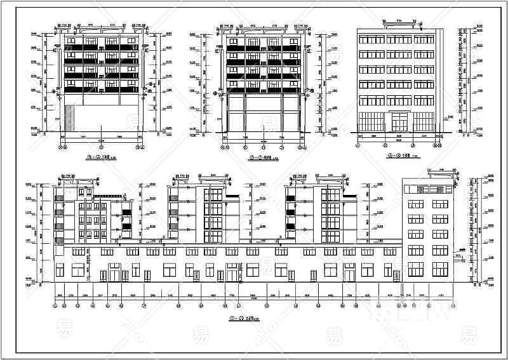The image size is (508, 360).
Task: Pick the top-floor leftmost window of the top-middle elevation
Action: pos(234,40)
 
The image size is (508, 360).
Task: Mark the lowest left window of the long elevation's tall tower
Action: pos(415,269)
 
